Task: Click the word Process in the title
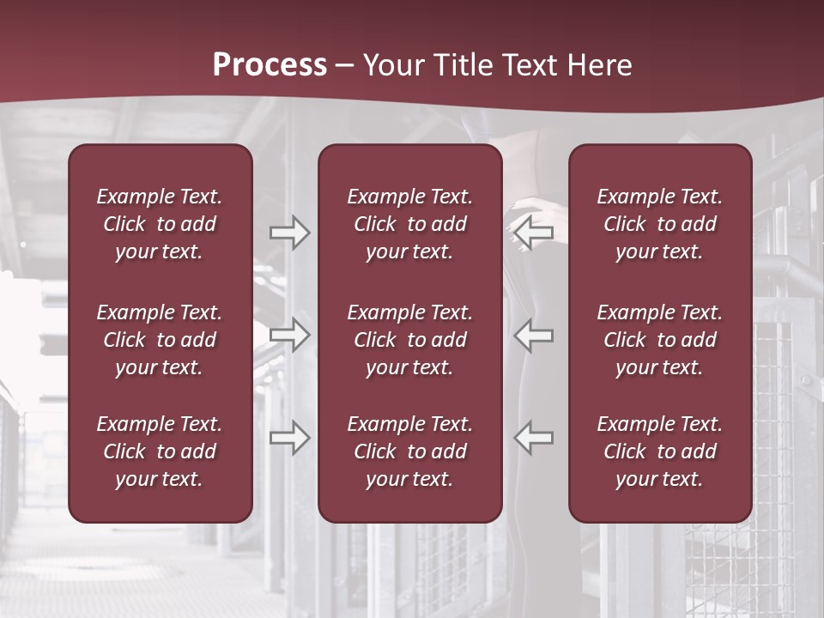(x=270, y=65)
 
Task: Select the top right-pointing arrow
(x=289, y=233)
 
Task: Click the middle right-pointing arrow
(x=289, y=335)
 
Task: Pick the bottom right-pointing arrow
(x=289, y=438)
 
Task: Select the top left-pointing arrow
(x=534, y=233)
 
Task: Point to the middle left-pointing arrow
(x=534, y=335)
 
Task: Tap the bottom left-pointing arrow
(x=534, y=438)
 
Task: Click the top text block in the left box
(x=160, y=224)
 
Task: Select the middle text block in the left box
(x=160, y=340)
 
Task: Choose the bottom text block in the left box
(x=160, y=451)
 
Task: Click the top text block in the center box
(x=410, y=224)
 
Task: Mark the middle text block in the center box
(x=410, y=340)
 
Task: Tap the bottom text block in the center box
(x=410, y=451)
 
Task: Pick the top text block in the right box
(x=660, y=224)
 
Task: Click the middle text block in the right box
(x=660, y=340)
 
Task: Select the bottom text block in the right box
(x=660, y=451)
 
